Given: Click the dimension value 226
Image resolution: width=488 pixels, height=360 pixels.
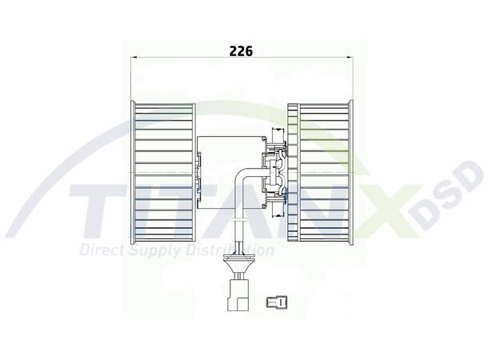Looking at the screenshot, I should (x=241, y=50).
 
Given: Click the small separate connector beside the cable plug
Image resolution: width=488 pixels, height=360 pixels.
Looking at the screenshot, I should (x=276, y=302).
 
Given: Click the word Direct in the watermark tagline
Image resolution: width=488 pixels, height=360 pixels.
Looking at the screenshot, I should (x=101, y=250).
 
